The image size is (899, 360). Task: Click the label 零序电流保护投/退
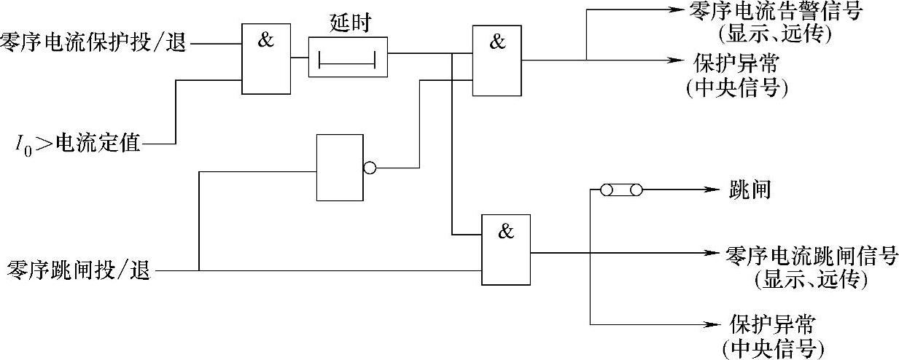tap(93, 43)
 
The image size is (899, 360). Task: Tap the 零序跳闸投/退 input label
tap(79, 271)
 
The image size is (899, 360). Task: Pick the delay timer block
tap(348, 58)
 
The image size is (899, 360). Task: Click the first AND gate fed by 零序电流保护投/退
tap(266, 58)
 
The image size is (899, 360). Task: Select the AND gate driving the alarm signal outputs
tap(497, 60)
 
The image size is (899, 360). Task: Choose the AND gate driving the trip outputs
tap(505, 249)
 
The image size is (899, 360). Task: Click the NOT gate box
tap(339, 167)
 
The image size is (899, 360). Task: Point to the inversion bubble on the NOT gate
tap(369, 168)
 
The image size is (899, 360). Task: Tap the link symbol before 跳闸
tap(621, 190)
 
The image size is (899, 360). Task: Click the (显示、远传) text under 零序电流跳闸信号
tap(811, 278)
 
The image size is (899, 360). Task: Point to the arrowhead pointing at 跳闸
tap(714, 190)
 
